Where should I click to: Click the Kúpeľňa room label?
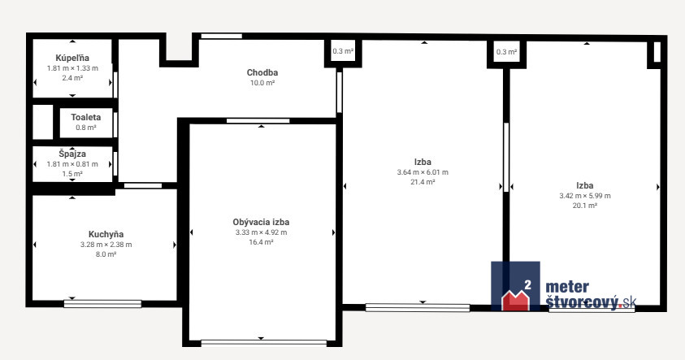pos(72,59)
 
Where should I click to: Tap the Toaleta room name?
pos(86,117)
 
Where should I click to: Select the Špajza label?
pos(72,154)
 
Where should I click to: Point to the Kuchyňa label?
pos(106,234)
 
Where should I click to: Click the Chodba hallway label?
pos(262,72)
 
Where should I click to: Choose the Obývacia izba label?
pos(262,222)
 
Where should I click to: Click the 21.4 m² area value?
pos(423,182)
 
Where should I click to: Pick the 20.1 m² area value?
pos(585,206)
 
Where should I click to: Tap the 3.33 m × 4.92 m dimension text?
pos(262,232)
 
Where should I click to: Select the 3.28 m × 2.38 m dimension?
pos(106,245)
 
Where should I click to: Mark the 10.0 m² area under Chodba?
pos(262,83)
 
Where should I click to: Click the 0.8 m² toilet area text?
pos(86,128)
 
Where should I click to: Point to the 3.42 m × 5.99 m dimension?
pos(585,196)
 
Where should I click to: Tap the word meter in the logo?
pos(567,287)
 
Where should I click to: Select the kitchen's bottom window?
pos(102,304)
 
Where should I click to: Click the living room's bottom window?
pos(264,343)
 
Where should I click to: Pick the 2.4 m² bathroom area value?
pos(72,78)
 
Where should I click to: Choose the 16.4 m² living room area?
pos(262,242)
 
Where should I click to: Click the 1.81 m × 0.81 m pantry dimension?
pos(72,164)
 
